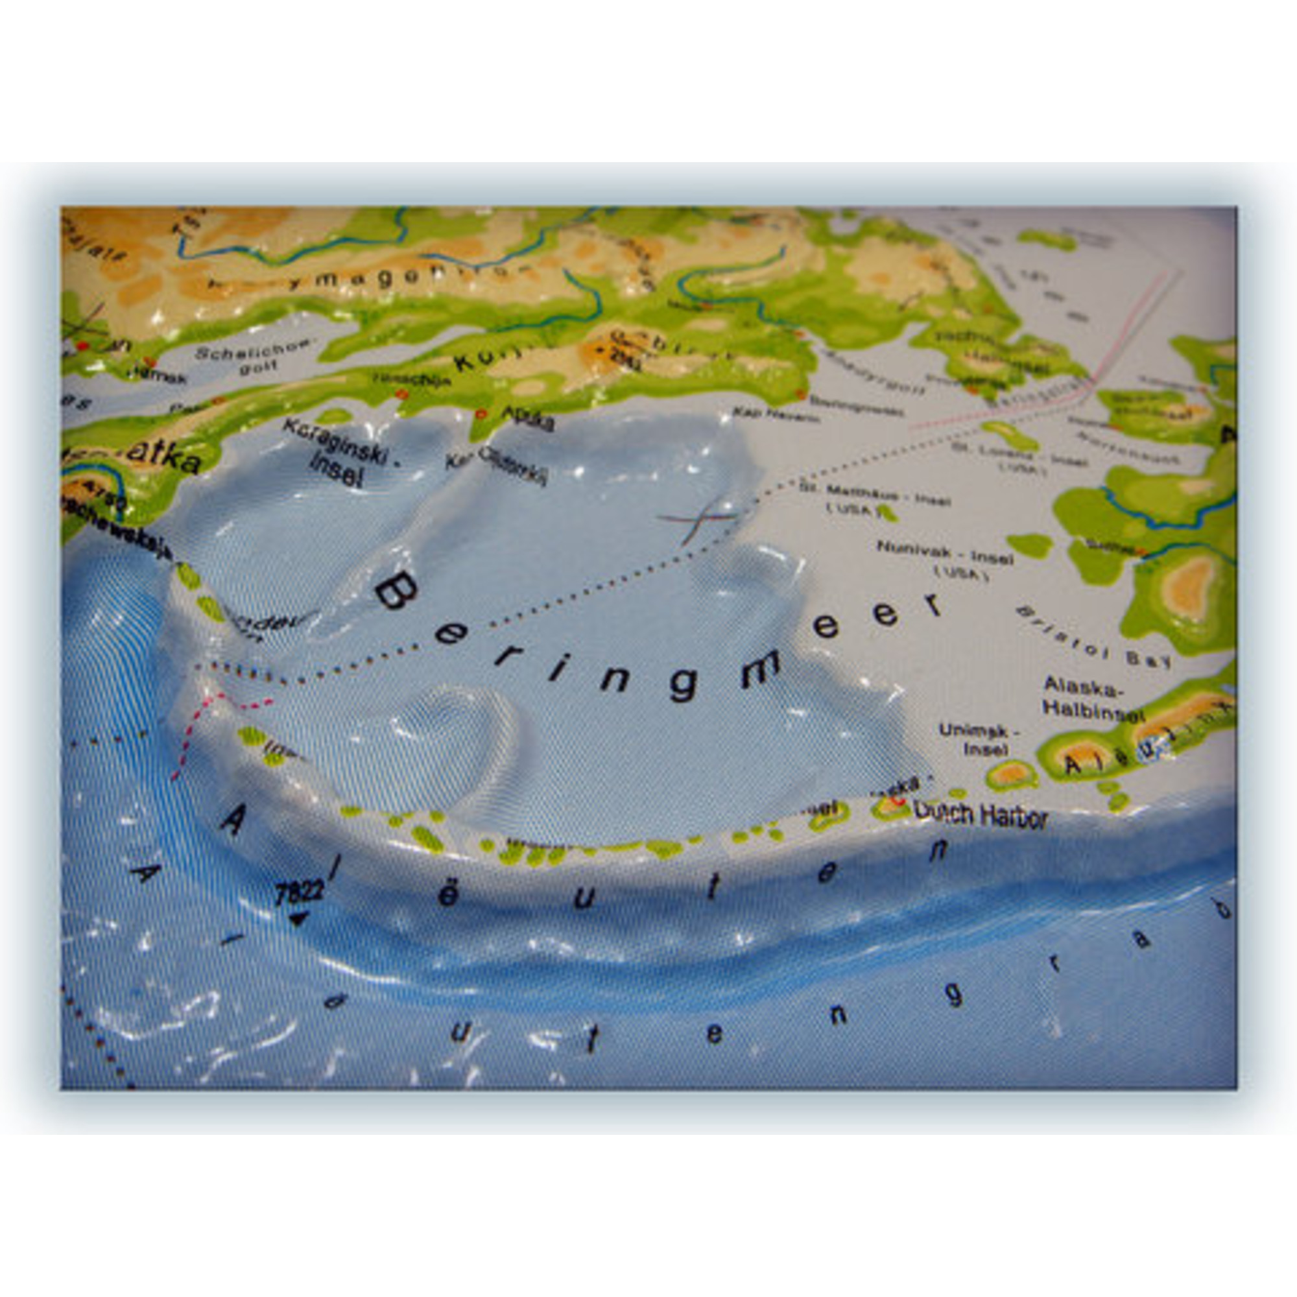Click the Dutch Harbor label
[x=981, y=815]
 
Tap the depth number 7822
[x=299, y=892]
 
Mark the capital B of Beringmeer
[x=397, y=591]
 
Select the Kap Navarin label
[x=776, y=415]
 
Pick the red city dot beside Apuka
[x=480, y=414]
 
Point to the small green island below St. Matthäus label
[x=888, y=514]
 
